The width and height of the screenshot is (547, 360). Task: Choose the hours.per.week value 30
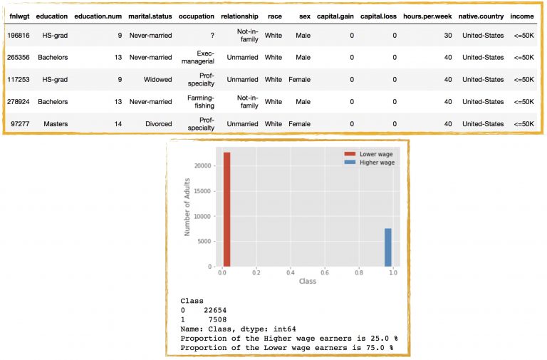point(447,35)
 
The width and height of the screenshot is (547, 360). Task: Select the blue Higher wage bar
point(388,247)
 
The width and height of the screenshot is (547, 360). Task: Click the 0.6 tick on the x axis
point(324,272)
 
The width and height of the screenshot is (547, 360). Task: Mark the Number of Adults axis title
point(188,207)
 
